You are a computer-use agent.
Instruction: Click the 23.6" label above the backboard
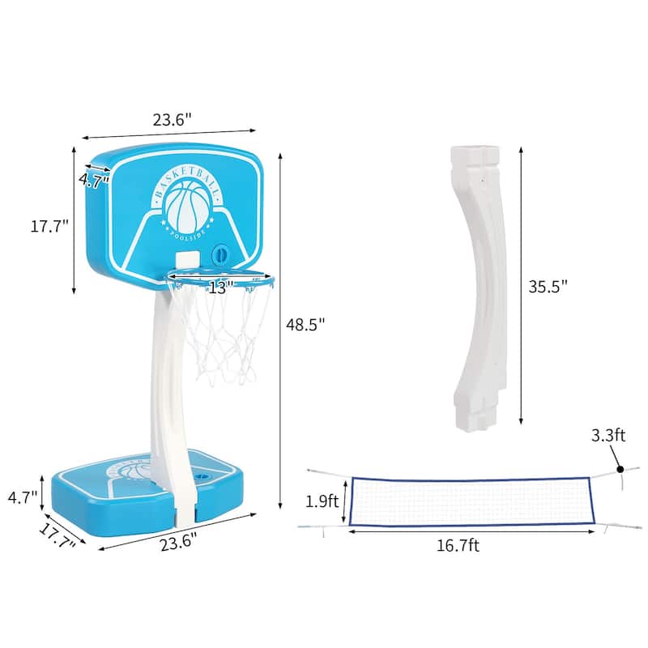[x=172, y=120]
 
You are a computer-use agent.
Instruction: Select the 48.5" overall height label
[x=305, y=324]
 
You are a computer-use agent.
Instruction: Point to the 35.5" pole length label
[x=548, y=285]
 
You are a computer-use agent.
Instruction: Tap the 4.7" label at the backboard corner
[x=94, y=181]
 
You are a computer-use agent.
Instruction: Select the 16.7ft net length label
[x=458, y=546]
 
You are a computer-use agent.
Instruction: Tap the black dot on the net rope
[x=620, y=468]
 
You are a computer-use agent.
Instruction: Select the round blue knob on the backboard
[x=220, y=254]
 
